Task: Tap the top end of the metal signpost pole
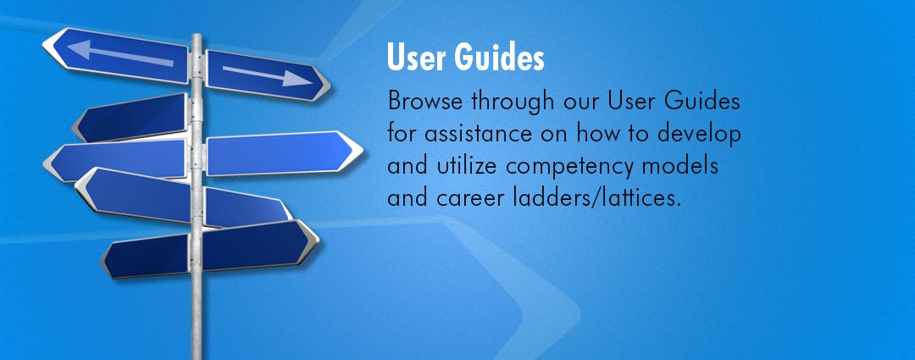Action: click(197, 36)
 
